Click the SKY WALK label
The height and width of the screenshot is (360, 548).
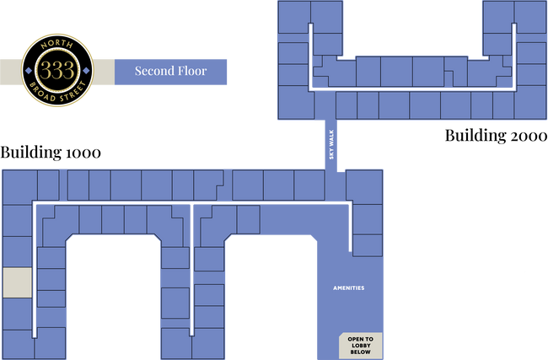[x=331, y=144]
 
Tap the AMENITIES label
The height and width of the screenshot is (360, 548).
[x=349, y=288]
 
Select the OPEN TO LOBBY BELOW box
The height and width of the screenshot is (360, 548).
[x=360, y=346]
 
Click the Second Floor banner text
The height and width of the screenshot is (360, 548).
[x=170, y=71]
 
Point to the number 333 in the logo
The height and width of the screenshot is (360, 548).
[x=57, y=70]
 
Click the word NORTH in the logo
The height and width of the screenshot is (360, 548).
[x=57, y=45]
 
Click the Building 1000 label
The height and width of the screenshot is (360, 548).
[x=51, y=153]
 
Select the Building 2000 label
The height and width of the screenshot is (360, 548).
[x=496, y=136]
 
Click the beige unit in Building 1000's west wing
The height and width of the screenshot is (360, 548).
[x=18, y=282]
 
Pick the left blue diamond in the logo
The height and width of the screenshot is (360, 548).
[x=29, y=71]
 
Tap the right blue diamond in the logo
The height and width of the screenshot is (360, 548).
[x=86, y=71]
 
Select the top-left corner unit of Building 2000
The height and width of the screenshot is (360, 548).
[x=293, y=17]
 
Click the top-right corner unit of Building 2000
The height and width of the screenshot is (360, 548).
[x=530, y=17]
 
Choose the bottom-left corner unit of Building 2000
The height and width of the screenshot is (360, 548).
[x=296, y=102]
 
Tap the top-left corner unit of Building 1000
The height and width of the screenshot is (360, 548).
[x=20, y=187]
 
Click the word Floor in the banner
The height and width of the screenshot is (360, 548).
[x=192, y=71]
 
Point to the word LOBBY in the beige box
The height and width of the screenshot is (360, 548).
[x=361, y=346]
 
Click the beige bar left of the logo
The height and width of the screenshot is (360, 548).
[x=11, y=72]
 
